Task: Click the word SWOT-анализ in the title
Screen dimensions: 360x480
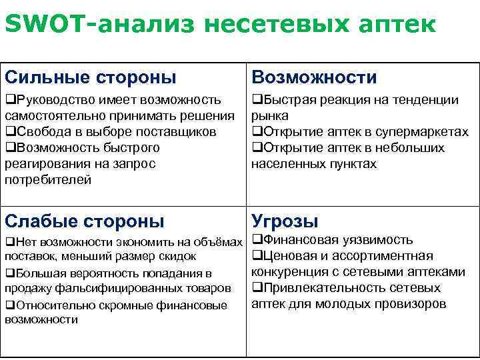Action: click(99, 25)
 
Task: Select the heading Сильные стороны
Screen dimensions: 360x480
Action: click(91, 77)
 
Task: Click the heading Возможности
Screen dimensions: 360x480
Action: click(314, 77)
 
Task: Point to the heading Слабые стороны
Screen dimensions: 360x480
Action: click(84, 221)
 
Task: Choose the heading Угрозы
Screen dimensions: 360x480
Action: click(285, 221)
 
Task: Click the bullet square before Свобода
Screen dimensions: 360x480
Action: click(9, 131)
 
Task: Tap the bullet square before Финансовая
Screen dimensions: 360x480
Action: click(257, 240)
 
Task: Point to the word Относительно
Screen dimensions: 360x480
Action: click(52, 305)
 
